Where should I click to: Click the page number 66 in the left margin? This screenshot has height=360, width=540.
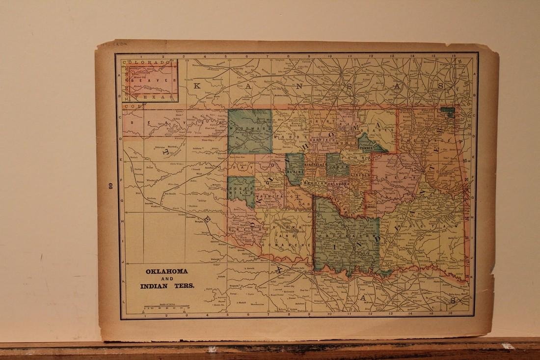[x=105, y=186]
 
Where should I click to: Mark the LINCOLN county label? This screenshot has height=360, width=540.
[x=359, y=174]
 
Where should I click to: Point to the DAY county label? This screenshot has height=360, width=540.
[x=241, y=167]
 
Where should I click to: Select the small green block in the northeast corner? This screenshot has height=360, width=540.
[x=447, y=112]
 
